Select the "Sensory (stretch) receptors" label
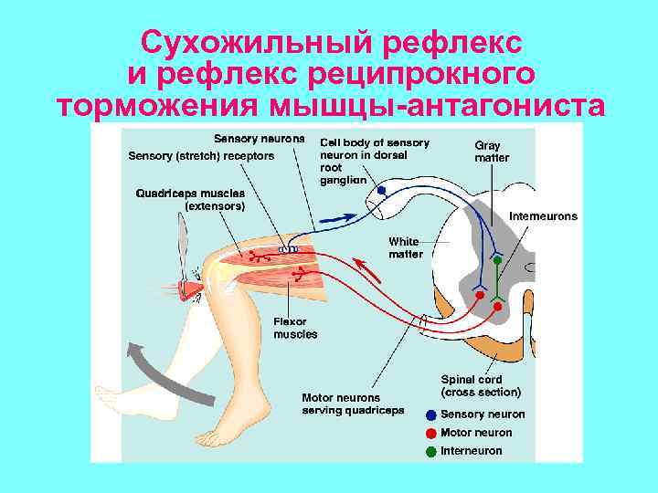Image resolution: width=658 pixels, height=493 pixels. [201, 156]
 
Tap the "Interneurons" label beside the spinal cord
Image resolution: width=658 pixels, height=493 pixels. [543, 216]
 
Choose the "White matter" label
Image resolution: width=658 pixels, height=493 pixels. [405, 247]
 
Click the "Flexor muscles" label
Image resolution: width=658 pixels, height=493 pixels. [295, 328]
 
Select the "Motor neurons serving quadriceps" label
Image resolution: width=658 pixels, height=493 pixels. [353, 404]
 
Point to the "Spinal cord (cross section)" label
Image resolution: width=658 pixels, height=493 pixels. [481, 386]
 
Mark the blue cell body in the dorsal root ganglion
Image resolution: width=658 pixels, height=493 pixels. [382, 191]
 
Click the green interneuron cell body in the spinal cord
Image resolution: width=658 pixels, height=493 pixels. [497, 260]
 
